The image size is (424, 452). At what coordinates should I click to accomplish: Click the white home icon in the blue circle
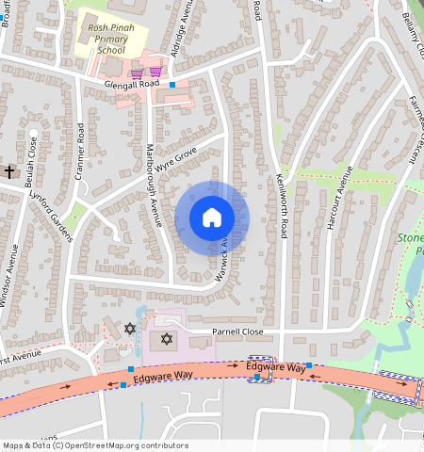(211, 218)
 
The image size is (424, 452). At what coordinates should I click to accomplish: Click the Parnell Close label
(237, 332)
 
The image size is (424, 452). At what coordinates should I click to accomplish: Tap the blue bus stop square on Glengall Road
(171, 86)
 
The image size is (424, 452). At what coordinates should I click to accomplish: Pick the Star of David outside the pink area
(130, 329)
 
